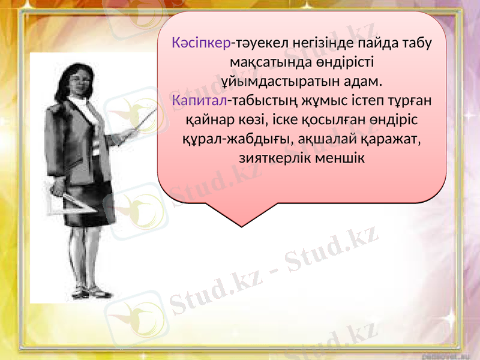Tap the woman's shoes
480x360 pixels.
click(90, 293)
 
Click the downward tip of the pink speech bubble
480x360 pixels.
click(239, 226)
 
